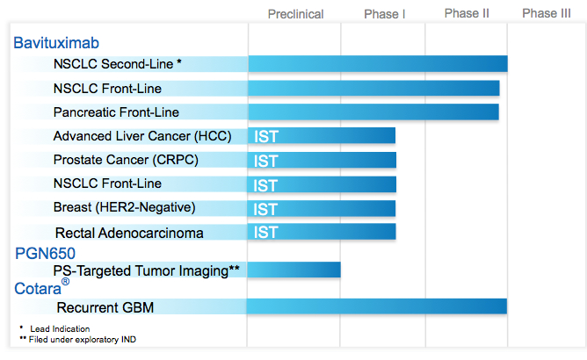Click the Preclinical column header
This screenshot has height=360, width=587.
[x=296, y=14]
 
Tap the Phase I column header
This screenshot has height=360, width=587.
[x=385, y=14]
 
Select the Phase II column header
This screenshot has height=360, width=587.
[x=467, y=13]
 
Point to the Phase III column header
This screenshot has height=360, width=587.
[x=547, y=13]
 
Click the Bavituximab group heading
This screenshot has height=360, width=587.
[x=56, y=43]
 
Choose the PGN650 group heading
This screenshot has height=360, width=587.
[x=46, y=254]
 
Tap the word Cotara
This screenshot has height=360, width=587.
[x=38, y=289]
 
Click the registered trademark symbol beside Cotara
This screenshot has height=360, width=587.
[x=66, y=281]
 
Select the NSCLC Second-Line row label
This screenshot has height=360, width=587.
[x=118, y=64]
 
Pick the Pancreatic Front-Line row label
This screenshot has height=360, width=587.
[x=116, y=112]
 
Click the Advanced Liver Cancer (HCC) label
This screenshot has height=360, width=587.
[x=142, y=136]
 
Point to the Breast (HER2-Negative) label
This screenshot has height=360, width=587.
[x=125, y=207]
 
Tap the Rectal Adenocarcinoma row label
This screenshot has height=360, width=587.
[x=129, y=234]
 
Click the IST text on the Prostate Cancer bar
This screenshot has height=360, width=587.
[x=265, y=162]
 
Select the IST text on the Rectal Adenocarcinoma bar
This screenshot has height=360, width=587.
[x=265, y=233]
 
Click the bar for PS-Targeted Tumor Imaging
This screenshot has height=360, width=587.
[x=293, y=270]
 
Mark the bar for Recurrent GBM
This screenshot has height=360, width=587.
[x=377, y=306]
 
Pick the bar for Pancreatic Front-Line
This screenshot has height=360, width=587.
[x=373, y=112]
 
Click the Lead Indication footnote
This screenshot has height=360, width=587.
[x=55, y=328]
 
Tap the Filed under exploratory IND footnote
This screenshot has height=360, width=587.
[x=78, y=340]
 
